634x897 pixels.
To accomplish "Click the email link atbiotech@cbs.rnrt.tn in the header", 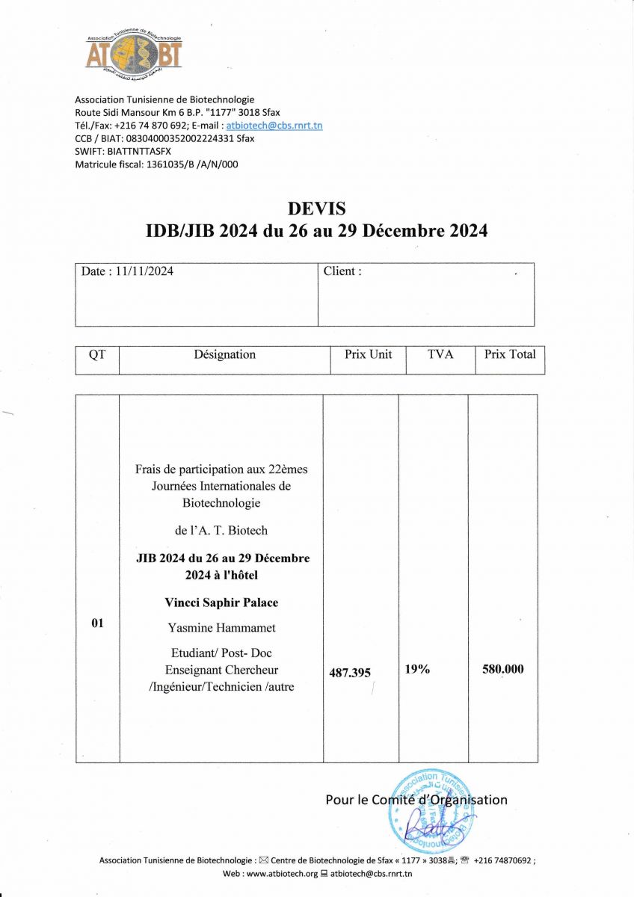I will [x=274, y=126].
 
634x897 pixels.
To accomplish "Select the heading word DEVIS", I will [x=316, y=209].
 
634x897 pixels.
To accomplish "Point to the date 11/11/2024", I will [x=144, y=271].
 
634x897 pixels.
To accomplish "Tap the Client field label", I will [x=342, y=271].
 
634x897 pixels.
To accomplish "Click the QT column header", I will [x=97, y=354].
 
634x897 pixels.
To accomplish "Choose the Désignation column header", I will [x=224, y=354].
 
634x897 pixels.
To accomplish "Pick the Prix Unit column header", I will [x=368, y=354].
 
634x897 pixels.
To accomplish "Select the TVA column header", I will [x=440, y=354].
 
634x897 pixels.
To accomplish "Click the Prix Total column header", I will [x=510, y=354].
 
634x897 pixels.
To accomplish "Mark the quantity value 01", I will [x=97, y=623].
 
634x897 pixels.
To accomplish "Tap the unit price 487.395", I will [x=350, y=673].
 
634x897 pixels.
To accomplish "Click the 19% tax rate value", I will [x=417, y=669].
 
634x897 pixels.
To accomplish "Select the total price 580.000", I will [x=503, y=669].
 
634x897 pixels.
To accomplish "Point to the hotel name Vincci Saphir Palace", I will [x=221, y=602].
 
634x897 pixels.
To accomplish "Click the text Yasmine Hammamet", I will [x=221, y=628].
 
